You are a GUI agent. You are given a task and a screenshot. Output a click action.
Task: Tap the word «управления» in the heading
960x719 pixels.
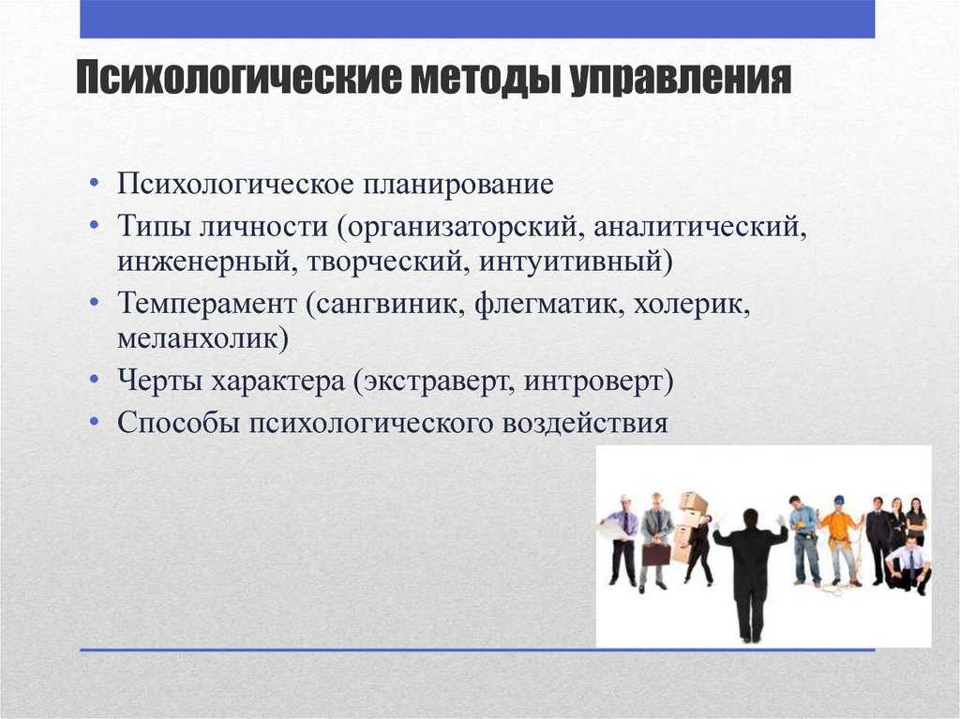681,79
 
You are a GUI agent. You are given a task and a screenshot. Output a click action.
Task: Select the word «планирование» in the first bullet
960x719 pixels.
457,185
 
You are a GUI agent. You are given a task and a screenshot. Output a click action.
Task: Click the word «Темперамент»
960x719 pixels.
207,305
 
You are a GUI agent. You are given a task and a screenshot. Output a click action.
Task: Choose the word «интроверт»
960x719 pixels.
598,382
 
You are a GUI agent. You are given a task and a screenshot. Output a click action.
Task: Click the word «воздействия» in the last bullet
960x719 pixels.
585,423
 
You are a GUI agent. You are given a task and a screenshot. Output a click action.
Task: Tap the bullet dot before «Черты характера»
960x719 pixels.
94,381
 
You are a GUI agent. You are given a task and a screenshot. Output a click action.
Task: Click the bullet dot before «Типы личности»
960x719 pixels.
94,226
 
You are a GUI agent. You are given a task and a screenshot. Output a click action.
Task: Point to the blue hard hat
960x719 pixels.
838,500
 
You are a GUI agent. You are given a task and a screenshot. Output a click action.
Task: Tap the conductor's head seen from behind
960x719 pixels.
749,517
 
